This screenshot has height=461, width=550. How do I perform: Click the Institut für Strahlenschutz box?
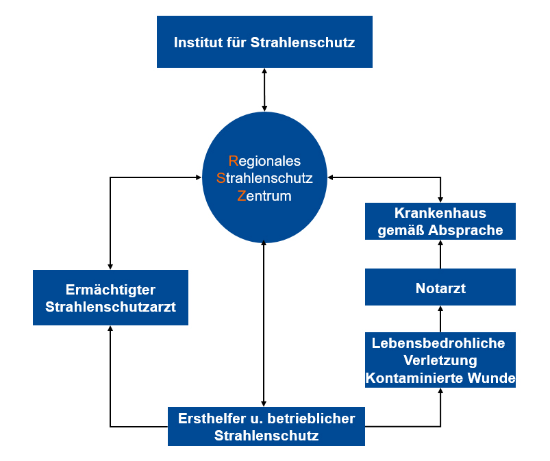[264, 42]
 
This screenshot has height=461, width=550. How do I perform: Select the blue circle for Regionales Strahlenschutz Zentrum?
[264, 177]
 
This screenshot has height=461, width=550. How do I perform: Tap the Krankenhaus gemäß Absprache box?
[440, 221]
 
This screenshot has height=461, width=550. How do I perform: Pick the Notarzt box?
[440, 288]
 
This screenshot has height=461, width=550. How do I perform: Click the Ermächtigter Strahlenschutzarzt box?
[110, 297]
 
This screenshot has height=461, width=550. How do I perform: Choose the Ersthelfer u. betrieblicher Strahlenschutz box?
[266, 426]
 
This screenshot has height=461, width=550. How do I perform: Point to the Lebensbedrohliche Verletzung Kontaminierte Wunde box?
[440, 360]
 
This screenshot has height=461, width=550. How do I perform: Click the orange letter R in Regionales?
[233, 161]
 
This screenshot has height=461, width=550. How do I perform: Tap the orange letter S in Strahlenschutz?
[221, 178]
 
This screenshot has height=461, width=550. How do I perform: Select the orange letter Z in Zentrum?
[241, 196]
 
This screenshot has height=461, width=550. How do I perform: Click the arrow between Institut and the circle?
[264, 89]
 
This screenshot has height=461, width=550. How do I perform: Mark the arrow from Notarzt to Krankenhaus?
[440, 253]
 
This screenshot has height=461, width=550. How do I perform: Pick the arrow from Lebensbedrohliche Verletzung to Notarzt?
[440, 319]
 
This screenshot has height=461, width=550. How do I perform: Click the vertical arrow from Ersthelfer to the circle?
[264, 322]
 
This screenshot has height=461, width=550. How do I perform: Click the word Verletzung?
[440, 360]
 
